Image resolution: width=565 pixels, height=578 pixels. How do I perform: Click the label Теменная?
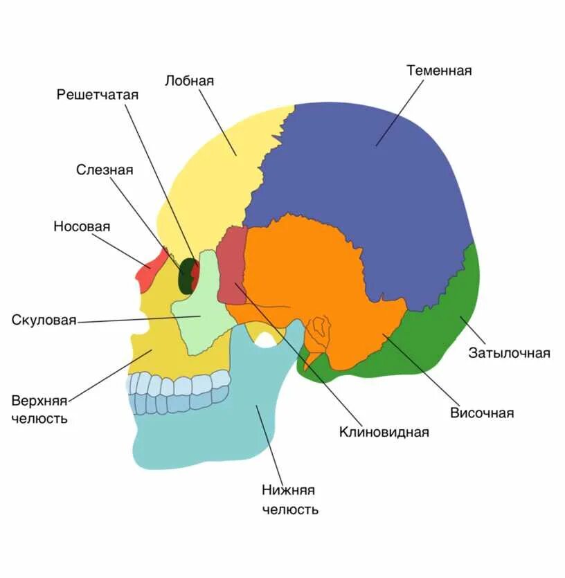tap(439, 71)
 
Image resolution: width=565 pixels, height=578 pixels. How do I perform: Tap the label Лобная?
tap(189, 81)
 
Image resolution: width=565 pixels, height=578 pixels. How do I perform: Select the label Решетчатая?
tap(98, 95)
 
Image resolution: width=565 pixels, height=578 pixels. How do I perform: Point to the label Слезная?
tap(105, 170)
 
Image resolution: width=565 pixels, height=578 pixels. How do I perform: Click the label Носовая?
tap(82, 227)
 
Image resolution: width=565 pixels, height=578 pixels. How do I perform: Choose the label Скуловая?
tap(44, 320)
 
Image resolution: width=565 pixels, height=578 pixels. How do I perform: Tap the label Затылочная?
tap(509, 354)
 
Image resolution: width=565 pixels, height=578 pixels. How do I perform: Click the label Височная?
tap(482, 413)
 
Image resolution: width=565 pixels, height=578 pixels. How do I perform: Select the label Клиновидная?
tap(384, 433)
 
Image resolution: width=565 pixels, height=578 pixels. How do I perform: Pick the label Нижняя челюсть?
tap(289, 500)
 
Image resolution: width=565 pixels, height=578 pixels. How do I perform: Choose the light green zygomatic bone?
tap(201, 311)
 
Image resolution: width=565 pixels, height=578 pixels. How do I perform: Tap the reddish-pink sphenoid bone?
tap(231, 267)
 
